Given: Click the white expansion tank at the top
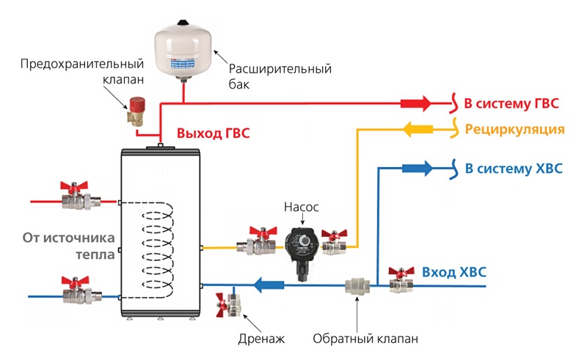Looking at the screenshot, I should pyautogui.click(x=182, y=45).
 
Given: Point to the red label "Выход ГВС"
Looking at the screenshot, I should pyautogui.click(x=213, y=133).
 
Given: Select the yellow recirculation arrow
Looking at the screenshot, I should pyautogui.click(x=416, y=130).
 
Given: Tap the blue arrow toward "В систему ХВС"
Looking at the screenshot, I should pyautogui.click(x=418, y=169).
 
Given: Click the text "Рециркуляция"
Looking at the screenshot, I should pyautogui.click(x=514, y=130).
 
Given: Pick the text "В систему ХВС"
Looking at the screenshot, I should pyautogui.click(x=514, y=169).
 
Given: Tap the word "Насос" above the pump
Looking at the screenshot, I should pyautogui.click(x=302, y=207).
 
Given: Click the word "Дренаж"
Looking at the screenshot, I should pyautogui.click(x=260, y=339).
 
